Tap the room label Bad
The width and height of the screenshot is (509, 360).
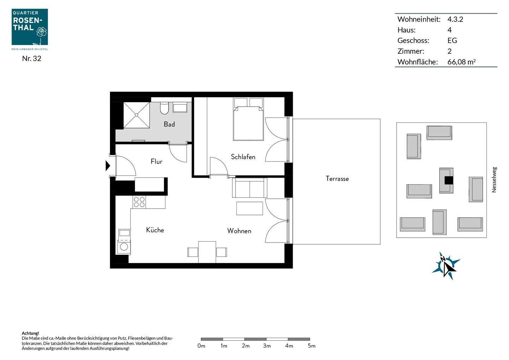(169, 124)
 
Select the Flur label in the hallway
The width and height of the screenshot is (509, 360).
(156, 161)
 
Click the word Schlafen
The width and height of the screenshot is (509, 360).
(243, 157)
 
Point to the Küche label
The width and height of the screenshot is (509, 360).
(155, 230)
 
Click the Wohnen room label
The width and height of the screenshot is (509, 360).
(239, 231)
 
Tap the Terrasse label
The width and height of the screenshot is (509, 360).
(337, 179)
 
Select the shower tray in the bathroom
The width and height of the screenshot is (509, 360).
(136, 115)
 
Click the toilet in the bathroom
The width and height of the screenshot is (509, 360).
(164, 109)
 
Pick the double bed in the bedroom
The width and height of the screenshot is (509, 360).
(248, 122)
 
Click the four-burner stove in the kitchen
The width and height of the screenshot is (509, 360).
(139, 202)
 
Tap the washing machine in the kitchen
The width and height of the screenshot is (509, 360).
(124, 246)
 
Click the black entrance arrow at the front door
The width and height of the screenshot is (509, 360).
(108, 166)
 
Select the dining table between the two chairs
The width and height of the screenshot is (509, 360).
(207, 252)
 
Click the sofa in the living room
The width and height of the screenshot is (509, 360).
(249, 188)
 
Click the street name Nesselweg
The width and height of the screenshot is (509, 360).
(494, 180)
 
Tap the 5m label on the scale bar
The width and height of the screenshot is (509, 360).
(311, 346)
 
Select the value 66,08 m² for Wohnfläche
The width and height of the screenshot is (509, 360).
(461, 62)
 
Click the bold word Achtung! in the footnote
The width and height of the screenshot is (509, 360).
(30, 333)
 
